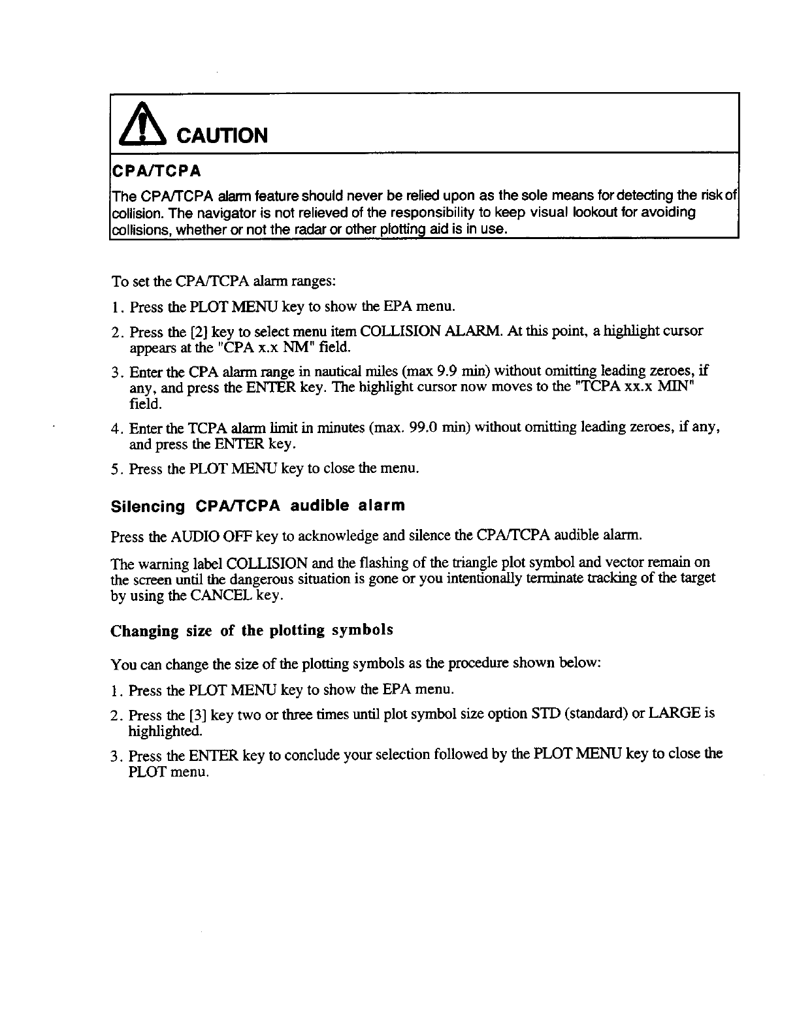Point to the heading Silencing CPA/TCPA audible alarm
pos(258,506)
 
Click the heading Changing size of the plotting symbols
pos(252,630)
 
